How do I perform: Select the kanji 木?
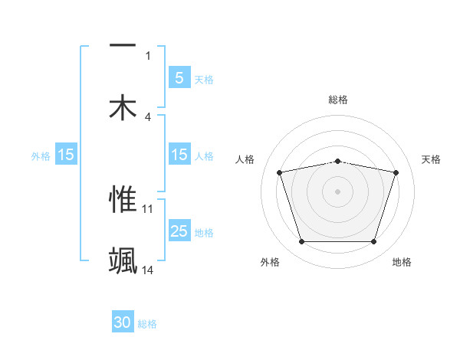coord(123,108)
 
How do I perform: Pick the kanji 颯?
coord(123,261)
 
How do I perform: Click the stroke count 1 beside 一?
coord(148,55)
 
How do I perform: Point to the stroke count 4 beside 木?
coord(148,117)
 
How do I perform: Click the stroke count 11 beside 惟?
coord(148,208)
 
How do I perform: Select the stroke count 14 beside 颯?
coord(148,270)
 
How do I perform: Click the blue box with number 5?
coord(179,77)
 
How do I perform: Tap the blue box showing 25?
coord(179,231)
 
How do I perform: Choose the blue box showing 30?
coord(123,322)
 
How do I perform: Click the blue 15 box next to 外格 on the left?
coord(66,155)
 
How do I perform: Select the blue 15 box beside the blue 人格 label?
coord(179,155)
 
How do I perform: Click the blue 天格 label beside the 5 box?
coord(204,79)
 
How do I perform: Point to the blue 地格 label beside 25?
coord(204,233)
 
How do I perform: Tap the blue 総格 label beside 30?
coord(147,324)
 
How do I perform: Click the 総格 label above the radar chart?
coord(338,100)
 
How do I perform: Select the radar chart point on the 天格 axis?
coord(396,172)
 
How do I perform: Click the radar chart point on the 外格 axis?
coord(302,242)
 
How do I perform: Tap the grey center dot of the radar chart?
coord(338,191)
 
